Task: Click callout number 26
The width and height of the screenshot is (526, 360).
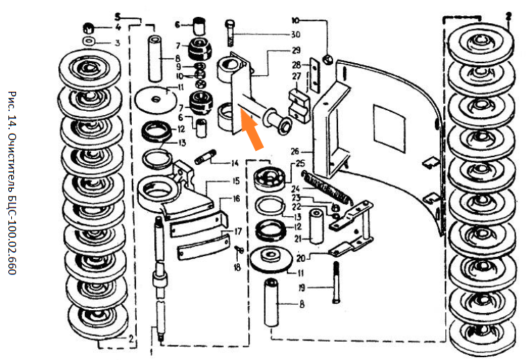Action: (x=295, y=150)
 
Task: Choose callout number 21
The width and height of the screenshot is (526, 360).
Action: (x=297, y=239)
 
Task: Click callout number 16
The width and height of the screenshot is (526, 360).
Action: (x=236, y=199)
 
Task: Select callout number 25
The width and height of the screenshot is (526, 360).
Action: (x=301, y=163)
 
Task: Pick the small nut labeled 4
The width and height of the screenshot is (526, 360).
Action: (x=89, y=29)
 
